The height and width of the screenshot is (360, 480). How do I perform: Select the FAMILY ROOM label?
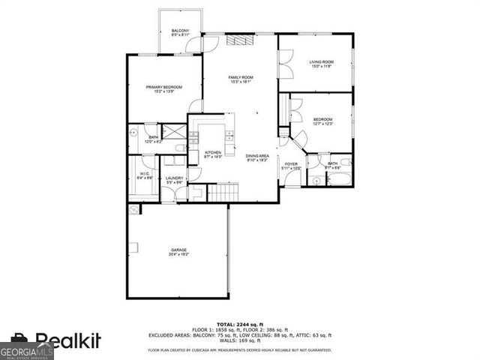click(x=241, y=77)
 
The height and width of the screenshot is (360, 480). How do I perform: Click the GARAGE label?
click(x=178, y=250)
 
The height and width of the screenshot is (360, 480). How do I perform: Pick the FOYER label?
click(x=291, y=163)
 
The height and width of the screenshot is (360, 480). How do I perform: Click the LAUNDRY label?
click(x=175, y=178)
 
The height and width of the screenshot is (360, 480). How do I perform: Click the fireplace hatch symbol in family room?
click(x=238, y=41)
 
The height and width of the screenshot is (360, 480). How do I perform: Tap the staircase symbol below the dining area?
click(x=222, y=193)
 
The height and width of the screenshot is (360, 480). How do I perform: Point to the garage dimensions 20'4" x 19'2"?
click(x=178, y=254)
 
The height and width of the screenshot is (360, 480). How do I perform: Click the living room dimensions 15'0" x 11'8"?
click(x=322, y=67)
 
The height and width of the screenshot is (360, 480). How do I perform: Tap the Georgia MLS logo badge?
click(x=27, y=351)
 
